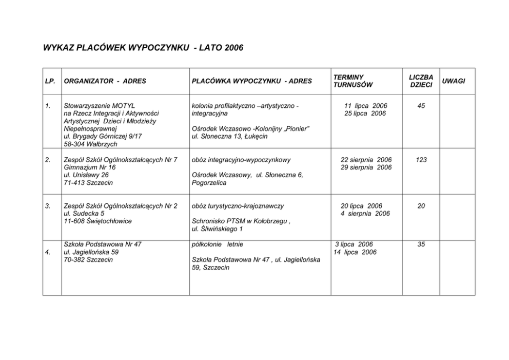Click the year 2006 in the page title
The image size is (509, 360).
click(x=233, y=48)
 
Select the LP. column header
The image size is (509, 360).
click(x=50, y=81)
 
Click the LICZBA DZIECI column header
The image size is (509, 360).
click(x=421, y=81)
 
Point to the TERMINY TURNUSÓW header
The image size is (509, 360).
click(x=353, y=81)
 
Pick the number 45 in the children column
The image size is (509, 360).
click(x=421, y=106)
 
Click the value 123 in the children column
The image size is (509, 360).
click(x=421, y=160)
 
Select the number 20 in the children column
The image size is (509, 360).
click(x=421, y=206)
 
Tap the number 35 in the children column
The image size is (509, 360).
click(x=421, y=244)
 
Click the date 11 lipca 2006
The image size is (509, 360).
click(x=365, y=106)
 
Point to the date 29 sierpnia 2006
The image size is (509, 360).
click(x=366, y=167)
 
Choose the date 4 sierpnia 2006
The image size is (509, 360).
click(x=365, y=214)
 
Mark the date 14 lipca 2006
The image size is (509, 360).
click(x=355, y=252)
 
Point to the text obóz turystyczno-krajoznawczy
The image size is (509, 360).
click(x=237, y=206)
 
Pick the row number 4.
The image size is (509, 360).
click(x=48, y=252)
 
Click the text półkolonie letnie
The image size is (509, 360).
click(x=217, y=244)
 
